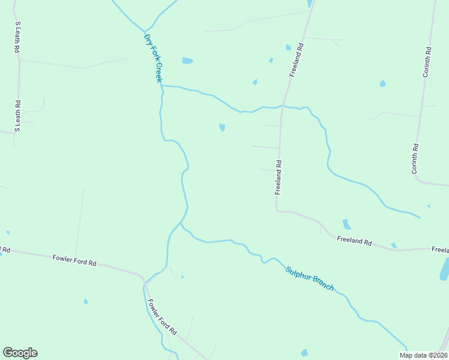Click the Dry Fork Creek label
pos(152,58)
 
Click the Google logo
pos(20,353)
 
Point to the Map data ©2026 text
pos(423,355)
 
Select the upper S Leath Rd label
pos(18,38)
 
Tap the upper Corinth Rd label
pos(426,62)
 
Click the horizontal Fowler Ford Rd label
pos(74,260)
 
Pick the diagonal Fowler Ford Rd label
pos(162,317)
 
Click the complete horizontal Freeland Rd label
pos(354,242)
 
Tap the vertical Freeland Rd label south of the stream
pos(279,177)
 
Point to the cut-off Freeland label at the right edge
pos(440,249)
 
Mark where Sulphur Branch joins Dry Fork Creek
pos(181,223)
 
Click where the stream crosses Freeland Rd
pos(283,107)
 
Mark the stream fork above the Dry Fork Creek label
pos(145,31)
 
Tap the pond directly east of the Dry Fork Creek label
pos(187,61)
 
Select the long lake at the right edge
pos(445,269)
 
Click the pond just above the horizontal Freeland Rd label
pos(346,224)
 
